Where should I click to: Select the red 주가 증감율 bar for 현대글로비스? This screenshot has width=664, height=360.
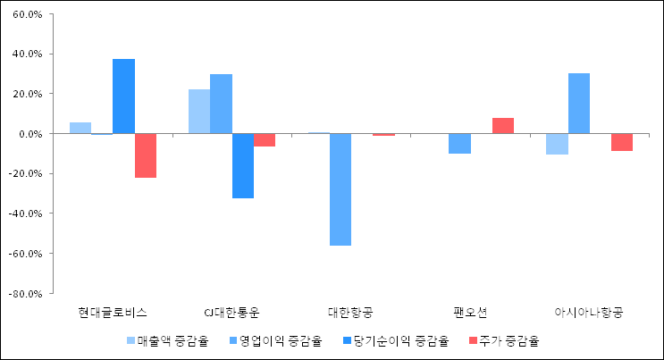(146, 155)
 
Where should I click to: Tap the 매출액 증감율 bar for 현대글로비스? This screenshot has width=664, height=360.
(80, 128)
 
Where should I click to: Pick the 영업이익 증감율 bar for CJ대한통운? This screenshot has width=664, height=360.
(221, 104)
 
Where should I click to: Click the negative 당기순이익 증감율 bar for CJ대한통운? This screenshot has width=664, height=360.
(243, 165)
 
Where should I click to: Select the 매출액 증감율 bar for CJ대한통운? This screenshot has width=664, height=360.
(199, 112)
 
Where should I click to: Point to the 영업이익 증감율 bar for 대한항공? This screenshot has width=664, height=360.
(340, 189)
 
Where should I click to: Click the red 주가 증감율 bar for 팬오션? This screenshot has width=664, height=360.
(503, 126)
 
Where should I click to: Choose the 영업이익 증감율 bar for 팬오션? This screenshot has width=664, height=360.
(459, 144)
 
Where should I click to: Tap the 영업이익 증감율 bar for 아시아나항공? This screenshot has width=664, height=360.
(579, 104)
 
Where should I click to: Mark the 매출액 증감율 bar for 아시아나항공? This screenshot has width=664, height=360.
(557, 144)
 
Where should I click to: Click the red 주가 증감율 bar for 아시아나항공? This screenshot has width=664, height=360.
(622, 142)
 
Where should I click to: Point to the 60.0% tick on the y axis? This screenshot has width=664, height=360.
(29, 15)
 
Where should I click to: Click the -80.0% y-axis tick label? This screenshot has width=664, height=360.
(28, 293)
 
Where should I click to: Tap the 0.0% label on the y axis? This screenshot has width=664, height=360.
(31, 134)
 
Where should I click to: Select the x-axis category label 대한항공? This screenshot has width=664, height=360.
(351, 313)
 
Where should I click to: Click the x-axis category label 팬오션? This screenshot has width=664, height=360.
(470, 313)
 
